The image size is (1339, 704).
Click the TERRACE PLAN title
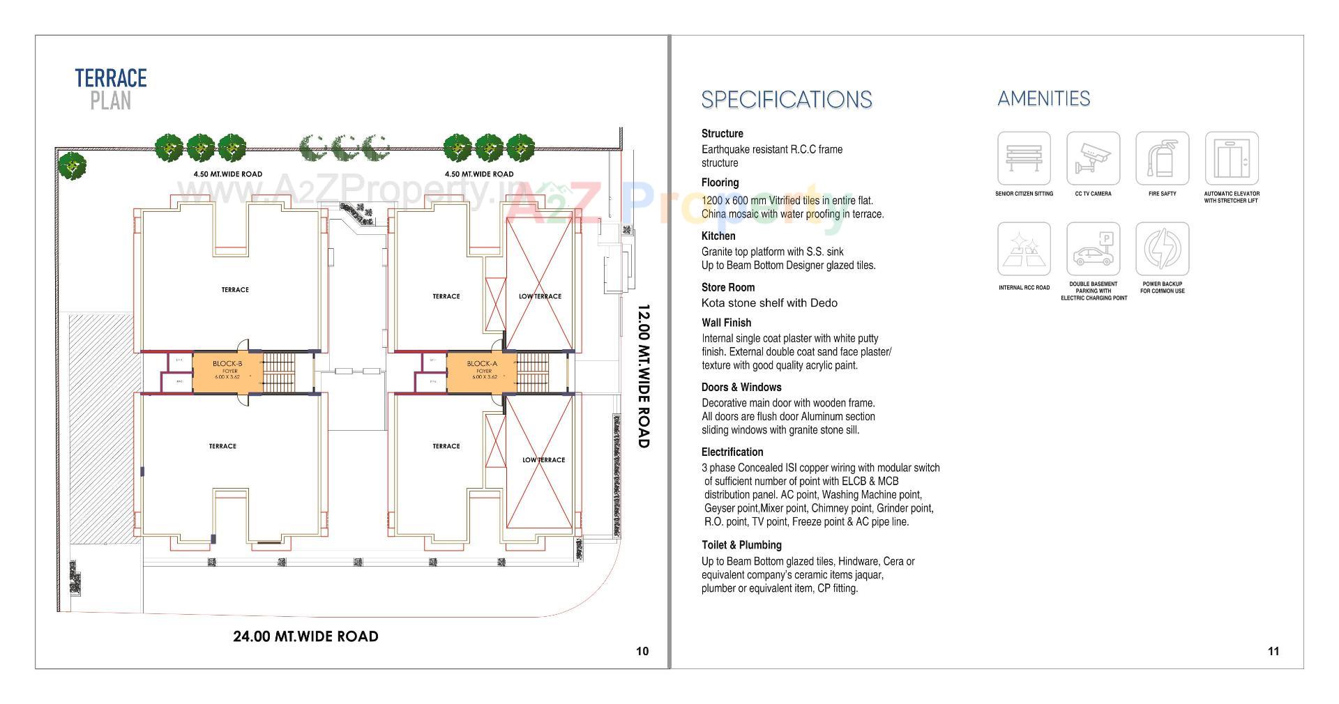point(111,89)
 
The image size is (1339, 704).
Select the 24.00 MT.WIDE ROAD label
point(305,636)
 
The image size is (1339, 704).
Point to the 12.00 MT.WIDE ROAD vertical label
point(643,376)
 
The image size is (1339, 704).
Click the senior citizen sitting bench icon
point(1024,158)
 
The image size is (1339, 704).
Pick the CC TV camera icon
point(1093,158)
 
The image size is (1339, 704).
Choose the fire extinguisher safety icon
point(1162,158)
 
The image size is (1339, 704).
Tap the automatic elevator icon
point(1232,158)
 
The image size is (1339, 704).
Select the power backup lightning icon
point(1162,249)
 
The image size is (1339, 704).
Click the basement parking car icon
point(1093,249)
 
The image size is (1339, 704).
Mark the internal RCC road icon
point(1024,249)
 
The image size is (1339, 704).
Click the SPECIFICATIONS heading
point(786,100)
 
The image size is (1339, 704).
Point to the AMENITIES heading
point(1043,98)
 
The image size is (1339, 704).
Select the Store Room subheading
point(728,287)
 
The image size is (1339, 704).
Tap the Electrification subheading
point(732,452)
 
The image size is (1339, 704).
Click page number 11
point(1273,651)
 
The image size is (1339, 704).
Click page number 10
point(642,651)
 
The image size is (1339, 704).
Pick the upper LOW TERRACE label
point(540,296)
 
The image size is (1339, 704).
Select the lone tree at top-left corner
point(71,166)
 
